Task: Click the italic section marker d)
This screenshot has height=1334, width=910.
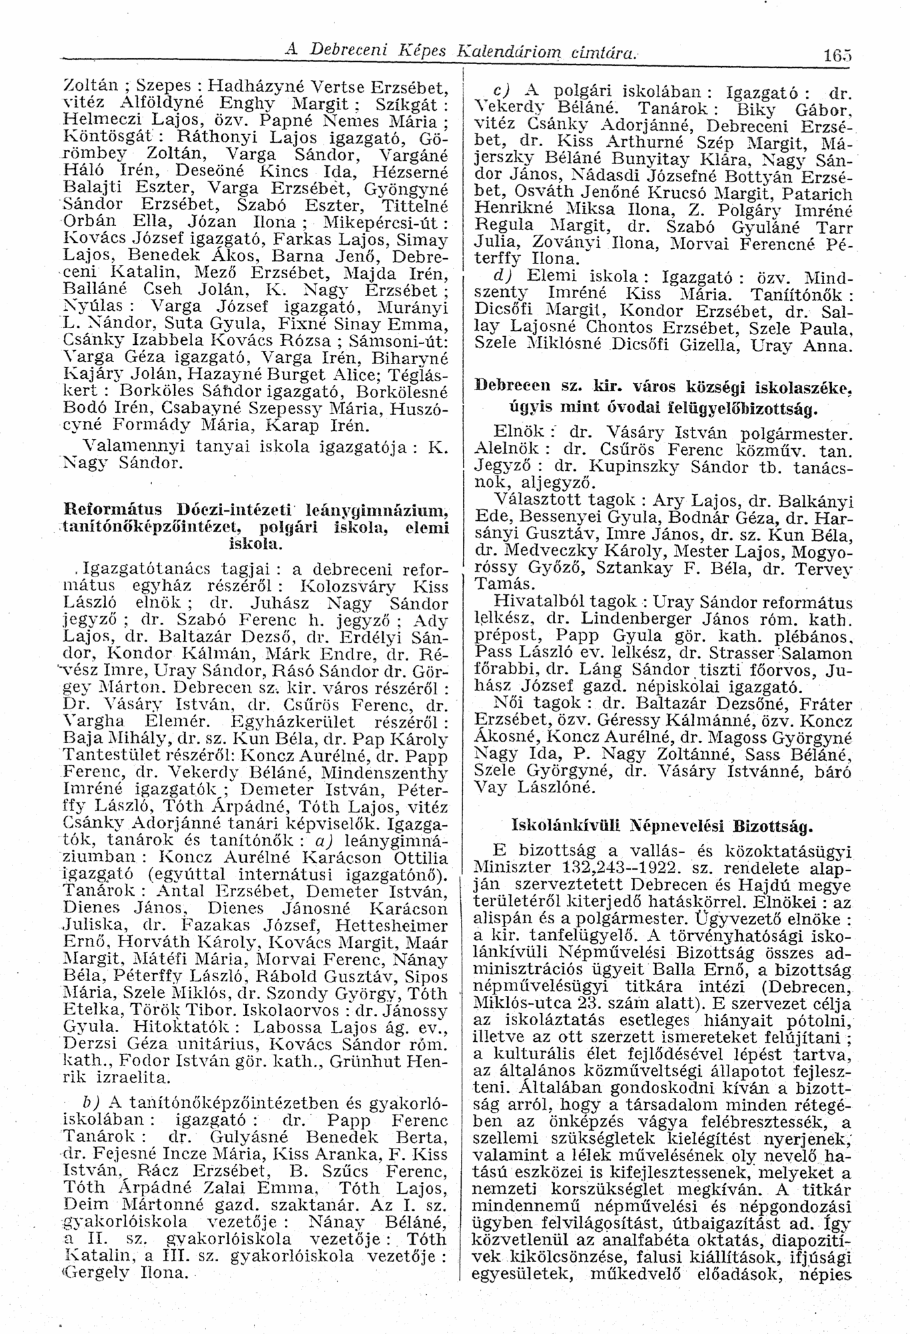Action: click(x=500, y=274)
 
